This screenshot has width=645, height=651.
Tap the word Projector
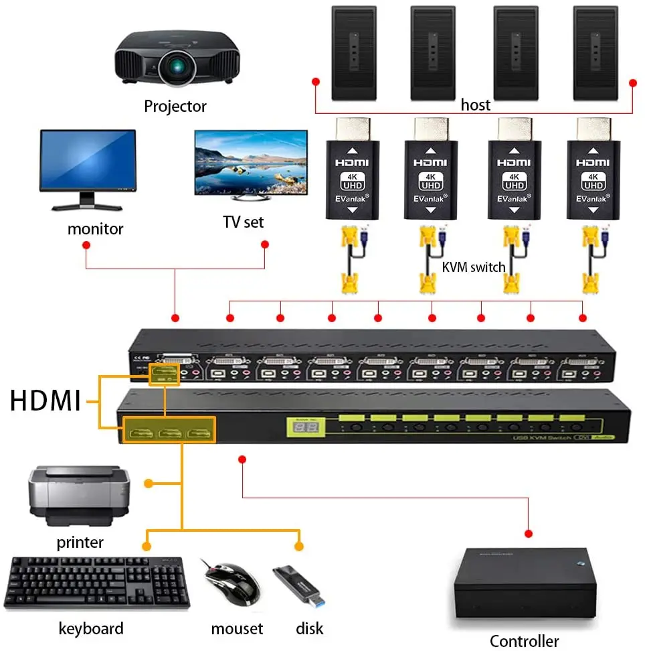click(175, 106)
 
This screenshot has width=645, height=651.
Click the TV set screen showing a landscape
click(250, 162)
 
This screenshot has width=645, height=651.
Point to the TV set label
click(243, 222)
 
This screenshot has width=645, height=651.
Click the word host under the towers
click(475, 104)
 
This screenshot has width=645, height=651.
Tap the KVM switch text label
click(474, 267)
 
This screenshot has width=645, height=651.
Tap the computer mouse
click(232, 582)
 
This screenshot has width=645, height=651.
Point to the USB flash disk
click(299, 585)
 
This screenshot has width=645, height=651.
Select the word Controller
click(524, 641)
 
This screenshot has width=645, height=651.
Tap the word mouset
click(237, 628)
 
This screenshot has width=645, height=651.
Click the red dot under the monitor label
click(86, 245)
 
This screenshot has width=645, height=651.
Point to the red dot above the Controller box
click(529, 534)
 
